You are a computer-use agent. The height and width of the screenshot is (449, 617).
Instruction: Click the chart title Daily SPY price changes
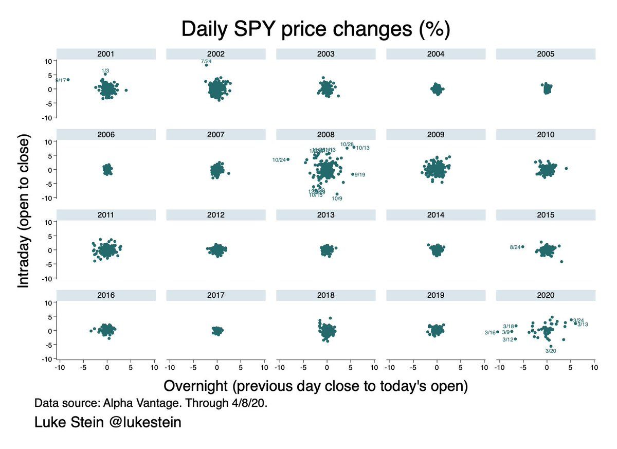pos(316,30)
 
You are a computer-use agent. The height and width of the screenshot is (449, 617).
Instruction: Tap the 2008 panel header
pos(326,135)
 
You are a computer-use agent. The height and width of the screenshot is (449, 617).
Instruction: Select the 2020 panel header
pos(546,295)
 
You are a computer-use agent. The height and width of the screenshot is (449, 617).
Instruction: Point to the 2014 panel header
pos(436,215)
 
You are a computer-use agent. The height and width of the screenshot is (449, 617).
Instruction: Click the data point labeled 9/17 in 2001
pos(68,80)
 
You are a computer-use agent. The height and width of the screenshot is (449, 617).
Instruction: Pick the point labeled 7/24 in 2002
pos(206,65)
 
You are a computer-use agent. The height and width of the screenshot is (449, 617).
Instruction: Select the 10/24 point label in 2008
pos(279,160)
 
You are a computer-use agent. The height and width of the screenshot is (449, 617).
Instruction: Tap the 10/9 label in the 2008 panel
pos(337,198)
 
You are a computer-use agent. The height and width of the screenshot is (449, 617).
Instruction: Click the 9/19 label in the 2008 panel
pos(360,175)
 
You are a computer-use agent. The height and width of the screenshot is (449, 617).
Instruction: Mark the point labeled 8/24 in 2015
pos(523,247)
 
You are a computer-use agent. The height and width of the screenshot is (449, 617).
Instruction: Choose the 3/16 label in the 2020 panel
pos(490,333)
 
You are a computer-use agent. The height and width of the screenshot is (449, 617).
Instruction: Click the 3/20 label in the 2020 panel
pos(551,351)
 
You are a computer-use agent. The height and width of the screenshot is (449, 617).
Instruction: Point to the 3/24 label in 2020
pos(578,320)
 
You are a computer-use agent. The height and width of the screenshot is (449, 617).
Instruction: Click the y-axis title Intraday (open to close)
pos(24,211)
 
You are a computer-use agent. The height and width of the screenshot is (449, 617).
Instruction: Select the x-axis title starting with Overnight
pos(315,386)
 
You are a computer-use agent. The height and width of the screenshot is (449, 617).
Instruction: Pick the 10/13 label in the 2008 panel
pos(363,148)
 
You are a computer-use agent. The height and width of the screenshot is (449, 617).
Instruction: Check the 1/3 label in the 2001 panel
pos(105,70)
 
